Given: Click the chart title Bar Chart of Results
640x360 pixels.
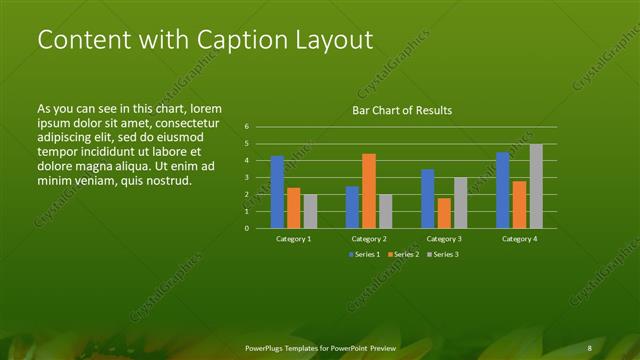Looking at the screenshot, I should pos(401,110).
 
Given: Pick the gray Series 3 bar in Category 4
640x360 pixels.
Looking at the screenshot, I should pos(536,186).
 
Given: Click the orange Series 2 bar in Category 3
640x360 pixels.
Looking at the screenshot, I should pos(444,213).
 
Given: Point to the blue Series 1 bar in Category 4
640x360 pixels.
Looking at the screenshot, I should pos(503,190).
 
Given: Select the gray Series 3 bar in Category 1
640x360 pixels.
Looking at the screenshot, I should pos(310,211).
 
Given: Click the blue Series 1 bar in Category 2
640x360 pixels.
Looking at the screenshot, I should pos(352,207).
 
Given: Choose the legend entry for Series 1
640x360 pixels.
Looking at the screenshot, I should pos(365,254).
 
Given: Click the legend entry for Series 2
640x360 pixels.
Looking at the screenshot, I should pos(403,254).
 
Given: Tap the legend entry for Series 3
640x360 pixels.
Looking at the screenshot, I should pos(441,254).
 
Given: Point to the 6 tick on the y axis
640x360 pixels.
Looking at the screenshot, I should pos(247,127).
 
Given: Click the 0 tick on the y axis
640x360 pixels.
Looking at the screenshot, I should pos(247,228).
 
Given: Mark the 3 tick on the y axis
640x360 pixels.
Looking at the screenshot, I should pos(247,178).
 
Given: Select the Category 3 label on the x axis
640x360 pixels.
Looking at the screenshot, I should pos(444,239).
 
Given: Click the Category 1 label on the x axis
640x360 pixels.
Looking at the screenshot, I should pos(294,239).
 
